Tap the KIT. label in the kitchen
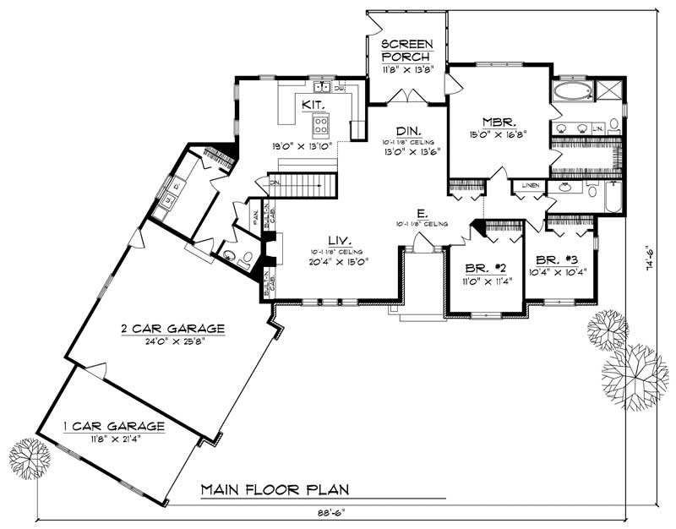tap(310, 105)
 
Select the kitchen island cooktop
tap(322, 126)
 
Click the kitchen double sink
tap(322, 87)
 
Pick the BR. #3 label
tap(555, 260)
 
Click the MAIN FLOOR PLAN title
tap(275, 490)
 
